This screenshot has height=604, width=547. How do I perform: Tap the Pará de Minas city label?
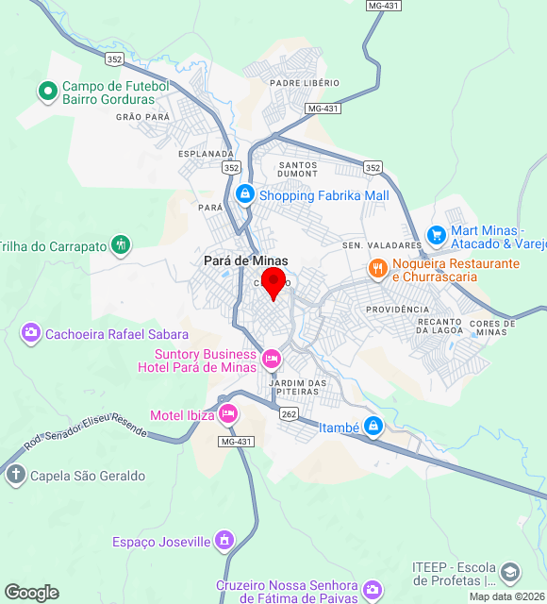click(246, 261)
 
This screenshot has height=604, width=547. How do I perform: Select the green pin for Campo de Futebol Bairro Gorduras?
click(47, 92)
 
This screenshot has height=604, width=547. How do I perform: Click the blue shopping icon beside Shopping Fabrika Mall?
click(244, 194)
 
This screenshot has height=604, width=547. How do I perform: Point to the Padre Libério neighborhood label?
click(304, 83)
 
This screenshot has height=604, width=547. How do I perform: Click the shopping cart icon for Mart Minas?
click(436, 233)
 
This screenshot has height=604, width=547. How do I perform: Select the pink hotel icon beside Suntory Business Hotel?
click(272, 359)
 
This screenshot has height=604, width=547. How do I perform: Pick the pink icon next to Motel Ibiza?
click(227, 413)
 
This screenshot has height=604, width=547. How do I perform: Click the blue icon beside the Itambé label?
click(374, 427)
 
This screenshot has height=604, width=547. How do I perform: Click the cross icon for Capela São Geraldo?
click(15, 475)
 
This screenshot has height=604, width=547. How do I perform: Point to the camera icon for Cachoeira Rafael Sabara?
click(31, 333)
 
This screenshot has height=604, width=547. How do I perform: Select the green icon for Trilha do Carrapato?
click(121, 245)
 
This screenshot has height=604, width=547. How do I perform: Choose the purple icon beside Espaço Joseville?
click(224, 541)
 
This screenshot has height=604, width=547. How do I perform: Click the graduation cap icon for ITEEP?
click(510, 572)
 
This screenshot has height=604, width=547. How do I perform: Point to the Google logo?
click(31, 593)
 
